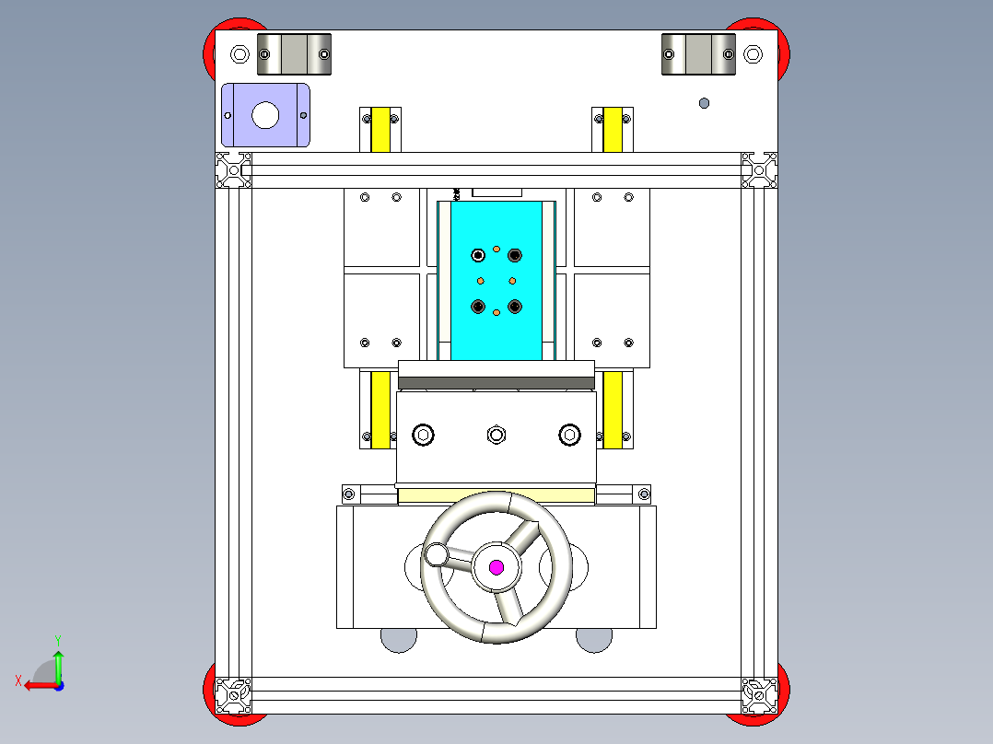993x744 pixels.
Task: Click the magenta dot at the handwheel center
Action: (x=496, y=567)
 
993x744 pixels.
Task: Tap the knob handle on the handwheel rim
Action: (x=436, y=554)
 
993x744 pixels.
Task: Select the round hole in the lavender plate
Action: (x=265, y=115)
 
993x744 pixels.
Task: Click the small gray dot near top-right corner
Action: (x=705, y=103)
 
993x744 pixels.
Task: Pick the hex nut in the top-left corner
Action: (x=239, y=53)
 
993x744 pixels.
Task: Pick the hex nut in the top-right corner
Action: (x=753, y=54)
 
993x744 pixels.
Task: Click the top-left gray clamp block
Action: (x=294, y=54)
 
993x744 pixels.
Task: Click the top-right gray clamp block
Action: (x=699, y=54)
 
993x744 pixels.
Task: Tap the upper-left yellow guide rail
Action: (x=380, y=129)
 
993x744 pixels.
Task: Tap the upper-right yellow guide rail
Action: (x=612, y=129)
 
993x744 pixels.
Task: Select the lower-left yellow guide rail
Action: (x=380, y=410)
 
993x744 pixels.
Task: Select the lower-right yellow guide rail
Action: (x=613, y=410)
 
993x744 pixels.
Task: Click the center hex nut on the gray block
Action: (x=496, y=434)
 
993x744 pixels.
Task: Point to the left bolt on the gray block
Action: (x=424, y=434)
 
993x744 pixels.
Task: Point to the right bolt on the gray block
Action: (x=569, y=434)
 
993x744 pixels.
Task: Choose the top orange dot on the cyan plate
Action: (x=496, y=249)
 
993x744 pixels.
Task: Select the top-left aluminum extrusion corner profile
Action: (x=233, y=170)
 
